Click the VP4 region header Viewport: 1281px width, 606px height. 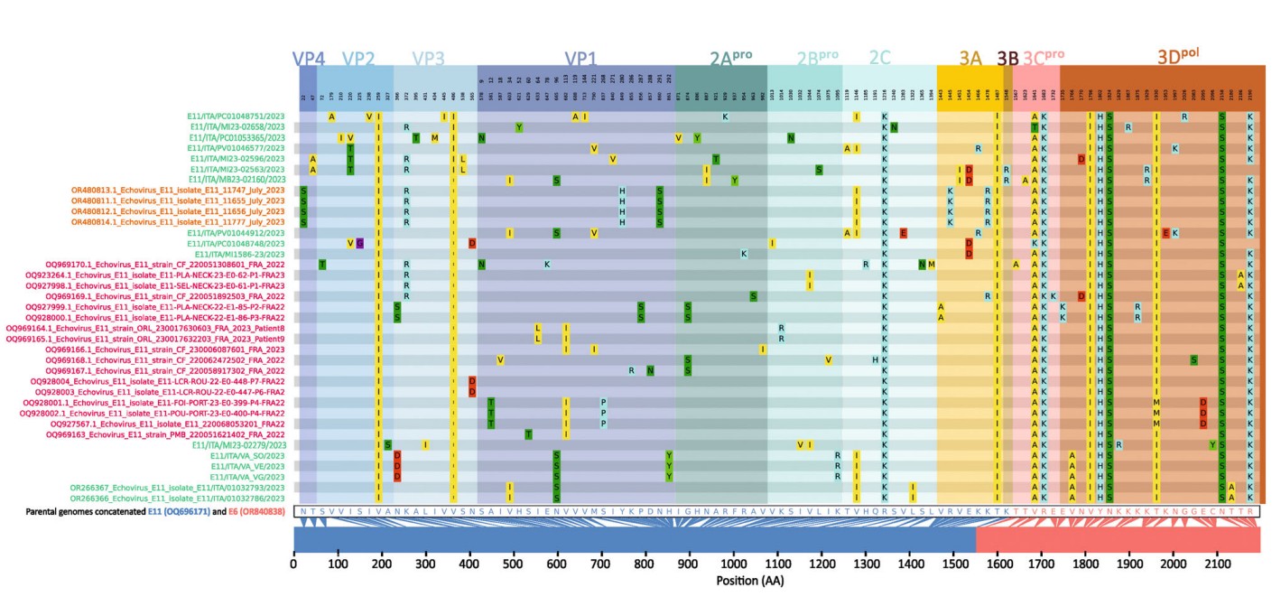point(309,59)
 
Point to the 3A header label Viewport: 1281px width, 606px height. point(970,59)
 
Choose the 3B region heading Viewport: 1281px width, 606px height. point(1007,59)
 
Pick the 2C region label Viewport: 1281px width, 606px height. point(879,59)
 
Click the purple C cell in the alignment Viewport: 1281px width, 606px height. point(359,243)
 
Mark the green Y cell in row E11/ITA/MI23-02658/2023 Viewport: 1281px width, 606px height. point(519,127)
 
